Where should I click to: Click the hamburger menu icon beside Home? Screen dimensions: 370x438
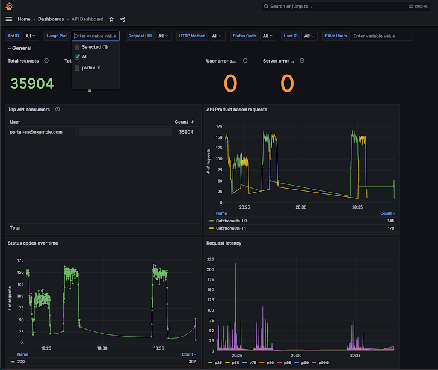[x=8, y=19]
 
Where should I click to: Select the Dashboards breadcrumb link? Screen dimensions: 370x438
[x=51, y=19]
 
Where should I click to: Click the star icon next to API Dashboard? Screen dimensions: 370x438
[x=111, y=19]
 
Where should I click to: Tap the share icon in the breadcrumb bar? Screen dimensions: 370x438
[x=123, y=19]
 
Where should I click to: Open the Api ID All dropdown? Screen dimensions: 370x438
[x=31, y=36]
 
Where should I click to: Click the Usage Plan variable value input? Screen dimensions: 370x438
[x=96, y=36]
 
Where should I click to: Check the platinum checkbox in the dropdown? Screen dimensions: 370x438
[x=77, y=67]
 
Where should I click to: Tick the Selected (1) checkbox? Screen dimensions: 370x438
[x=77, y=46]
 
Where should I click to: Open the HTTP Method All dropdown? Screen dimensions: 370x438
[x=218, y=36]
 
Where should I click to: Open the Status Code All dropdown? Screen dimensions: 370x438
[x=268, y=36]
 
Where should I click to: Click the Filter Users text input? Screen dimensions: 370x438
[x=382, y=36]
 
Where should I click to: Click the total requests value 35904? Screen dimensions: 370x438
[x=31, y=84]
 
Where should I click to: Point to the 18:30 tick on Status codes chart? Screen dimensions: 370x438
[x=102, y=348]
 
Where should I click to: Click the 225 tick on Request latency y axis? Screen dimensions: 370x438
[x=210, y=259]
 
